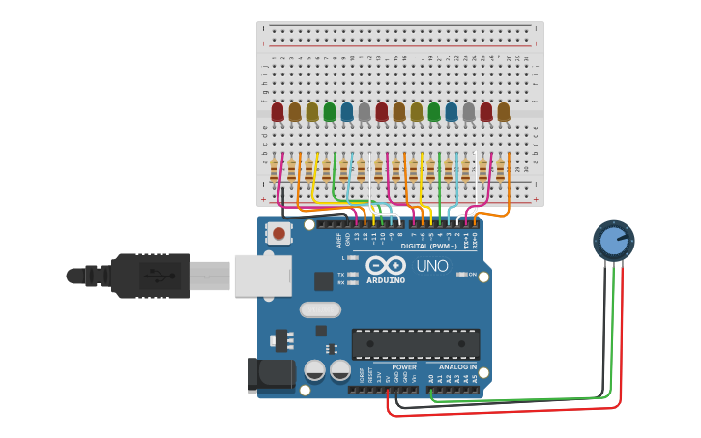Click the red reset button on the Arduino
[278, 233]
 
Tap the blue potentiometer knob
[613, 240]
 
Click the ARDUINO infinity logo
[386, 266]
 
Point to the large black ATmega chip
[415, 343]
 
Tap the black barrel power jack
[271, 375]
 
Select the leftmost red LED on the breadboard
[277, 112]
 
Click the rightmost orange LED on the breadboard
[503, 112]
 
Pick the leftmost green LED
[330, 112]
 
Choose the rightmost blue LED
[452, 112]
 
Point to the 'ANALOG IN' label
[456, 367]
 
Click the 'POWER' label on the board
[404, 367]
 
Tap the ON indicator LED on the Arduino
[459, 275]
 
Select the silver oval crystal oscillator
[320, 309]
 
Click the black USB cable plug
[135, 276]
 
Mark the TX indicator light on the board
[354, 275]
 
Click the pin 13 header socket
[357, 223]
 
